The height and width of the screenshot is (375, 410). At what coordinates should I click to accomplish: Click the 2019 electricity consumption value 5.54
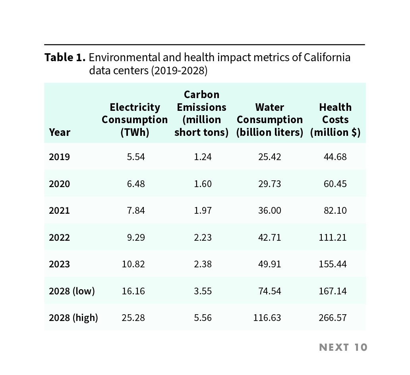[x=136, y=157]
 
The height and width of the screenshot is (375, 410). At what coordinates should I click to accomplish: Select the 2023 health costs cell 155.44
[x=333, y=264]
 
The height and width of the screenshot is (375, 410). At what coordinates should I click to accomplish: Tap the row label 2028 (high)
[x=73, y=318]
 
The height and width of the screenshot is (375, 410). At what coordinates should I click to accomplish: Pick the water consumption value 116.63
[x=267, y=318]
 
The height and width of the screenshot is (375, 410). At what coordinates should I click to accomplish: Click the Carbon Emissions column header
[x=201, y=113]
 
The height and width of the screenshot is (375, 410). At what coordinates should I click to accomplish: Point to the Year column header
[x=60, y=132]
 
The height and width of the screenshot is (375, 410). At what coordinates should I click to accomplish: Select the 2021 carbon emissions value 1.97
[x=203, y=211]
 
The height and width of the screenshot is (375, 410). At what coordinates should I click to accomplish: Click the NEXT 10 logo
[x=343, y=347]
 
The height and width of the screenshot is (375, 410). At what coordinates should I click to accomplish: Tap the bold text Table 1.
[x=65, y=58]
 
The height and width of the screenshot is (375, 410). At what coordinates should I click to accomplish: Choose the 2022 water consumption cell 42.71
[x=270, y=238]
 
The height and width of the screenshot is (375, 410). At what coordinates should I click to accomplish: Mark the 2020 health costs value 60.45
[x=335, y=184]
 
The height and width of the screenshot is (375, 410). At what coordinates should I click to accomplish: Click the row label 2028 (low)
[x=72, y=291]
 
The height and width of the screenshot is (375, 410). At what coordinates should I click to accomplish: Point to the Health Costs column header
[x=335, y=120]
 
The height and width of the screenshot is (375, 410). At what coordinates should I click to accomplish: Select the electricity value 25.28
[x=133, y=318]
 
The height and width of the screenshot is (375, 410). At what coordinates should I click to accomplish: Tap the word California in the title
[x=327, y=58]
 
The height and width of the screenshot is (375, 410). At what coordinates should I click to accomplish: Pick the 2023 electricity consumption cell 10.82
[x=133, y=264]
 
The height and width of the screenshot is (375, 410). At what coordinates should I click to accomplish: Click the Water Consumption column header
[x=270, y=120]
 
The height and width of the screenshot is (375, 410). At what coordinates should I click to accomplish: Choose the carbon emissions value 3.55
[x=203, y=291]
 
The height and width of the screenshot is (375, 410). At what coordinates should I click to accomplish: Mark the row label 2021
[x=59, y=211]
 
